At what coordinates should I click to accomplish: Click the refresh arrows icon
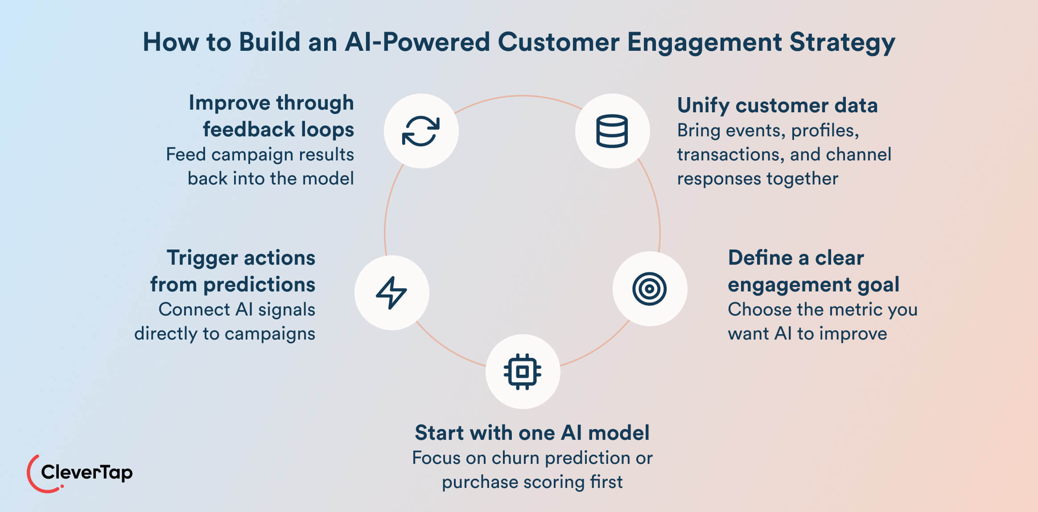point(421,131)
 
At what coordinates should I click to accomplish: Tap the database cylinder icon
point(612,131)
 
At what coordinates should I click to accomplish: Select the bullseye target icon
point(649,289)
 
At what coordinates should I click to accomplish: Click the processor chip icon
point(522,372)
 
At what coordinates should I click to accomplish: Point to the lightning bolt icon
point(391,292)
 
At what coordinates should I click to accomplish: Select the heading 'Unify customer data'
point(777,106)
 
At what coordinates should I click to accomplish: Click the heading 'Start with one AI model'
point(532,433)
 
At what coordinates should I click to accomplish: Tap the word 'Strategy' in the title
point(842,43)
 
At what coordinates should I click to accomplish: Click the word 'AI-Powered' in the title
point(417,42)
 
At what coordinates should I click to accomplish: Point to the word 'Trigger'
point(202,258)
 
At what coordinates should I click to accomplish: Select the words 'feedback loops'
point(278,130)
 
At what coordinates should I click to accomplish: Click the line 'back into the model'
point(270,178)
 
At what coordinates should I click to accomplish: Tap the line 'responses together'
point(758,178)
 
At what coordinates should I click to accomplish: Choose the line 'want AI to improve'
point(807,333)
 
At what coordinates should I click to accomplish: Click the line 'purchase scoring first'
point(532,482)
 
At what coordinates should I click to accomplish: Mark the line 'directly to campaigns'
point(225,333)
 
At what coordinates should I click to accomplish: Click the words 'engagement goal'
point(813,285)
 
